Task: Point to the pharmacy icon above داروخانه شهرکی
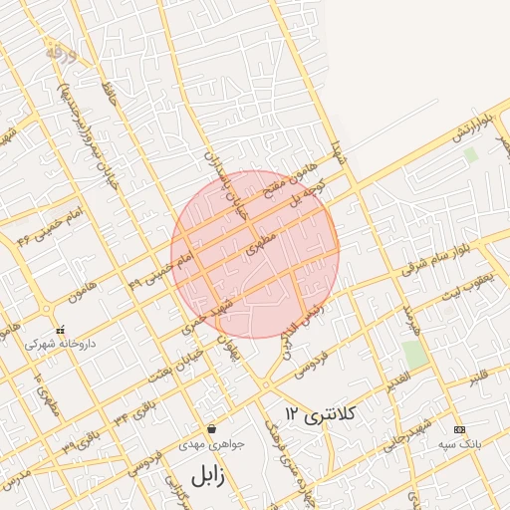61,330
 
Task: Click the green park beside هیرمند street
415,354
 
